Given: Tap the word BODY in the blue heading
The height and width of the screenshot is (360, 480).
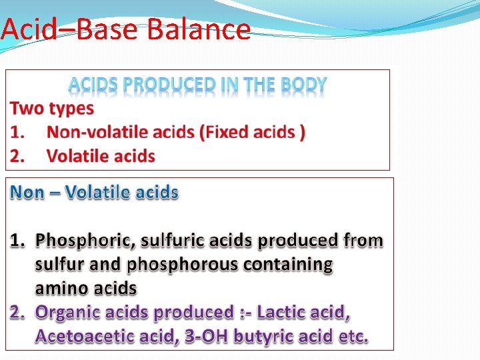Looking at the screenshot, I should click(x=303, y=85).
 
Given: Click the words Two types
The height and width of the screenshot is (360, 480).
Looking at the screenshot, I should click(x=52, y=108).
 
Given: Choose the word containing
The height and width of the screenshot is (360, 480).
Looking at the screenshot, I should click(x=287, y=264).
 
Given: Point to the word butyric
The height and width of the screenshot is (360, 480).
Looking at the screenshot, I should click(x=258, y=336).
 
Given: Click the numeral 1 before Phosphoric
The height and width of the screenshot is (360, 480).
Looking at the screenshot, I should click(x=16, y=239).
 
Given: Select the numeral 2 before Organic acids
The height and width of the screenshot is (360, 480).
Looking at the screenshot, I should click(x=16, y=312).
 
